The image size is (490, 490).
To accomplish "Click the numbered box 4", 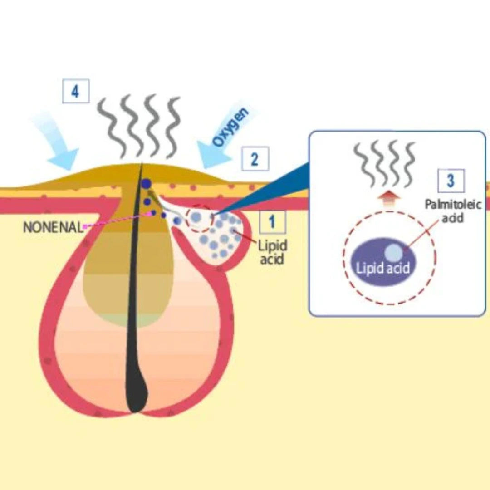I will coord(75,92).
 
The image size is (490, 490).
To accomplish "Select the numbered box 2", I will coord(255,159).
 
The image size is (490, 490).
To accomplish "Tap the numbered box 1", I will coord(272,222).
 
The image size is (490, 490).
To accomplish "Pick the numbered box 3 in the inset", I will coord(451,180).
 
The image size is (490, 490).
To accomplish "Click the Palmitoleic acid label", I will coord(446,211).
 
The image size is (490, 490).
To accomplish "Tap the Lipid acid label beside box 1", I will coord(272,252).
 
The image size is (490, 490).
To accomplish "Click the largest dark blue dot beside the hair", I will coord(146,184).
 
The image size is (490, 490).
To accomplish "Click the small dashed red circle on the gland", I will coord(200,218).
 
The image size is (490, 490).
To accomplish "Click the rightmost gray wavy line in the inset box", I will coord(409,164).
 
